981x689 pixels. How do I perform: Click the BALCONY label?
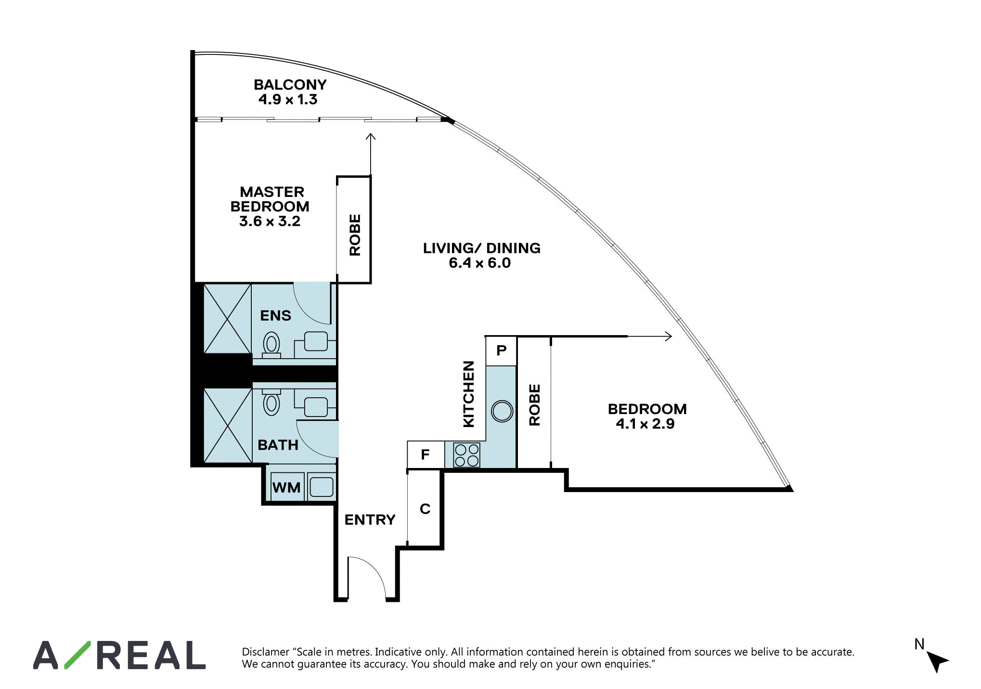click(290, 85)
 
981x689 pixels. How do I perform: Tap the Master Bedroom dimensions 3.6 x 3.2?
click(270, 221)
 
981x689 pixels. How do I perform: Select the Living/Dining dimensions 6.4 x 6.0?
click(479, 263)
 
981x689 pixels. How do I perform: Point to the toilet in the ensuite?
click(271, 345)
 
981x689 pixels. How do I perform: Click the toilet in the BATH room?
click(271, 403)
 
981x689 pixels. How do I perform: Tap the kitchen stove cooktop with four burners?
click(466, 455)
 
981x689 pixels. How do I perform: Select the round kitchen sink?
click(502, 412)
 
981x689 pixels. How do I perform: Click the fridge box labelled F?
click(426, 455)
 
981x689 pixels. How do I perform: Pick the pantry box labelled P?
click(501, 351)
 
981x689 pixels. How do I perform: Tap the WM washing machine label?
click(286, 488)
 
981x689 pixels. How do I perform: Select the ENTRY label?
click(370, 520)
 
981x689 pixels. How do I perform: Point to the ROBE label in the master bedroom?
click(355, 235)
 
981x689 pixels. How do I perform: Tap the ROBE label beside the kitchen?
click(534, 405)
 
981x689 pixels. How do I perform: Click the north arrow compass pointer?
click(937, 662)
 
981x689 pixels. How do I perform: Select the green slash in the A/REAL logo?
click(77, 655)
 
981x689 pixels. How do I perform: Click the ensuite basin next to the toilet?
click(316, 341)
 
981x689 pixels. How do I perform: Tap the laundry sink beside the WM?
click(322, 487)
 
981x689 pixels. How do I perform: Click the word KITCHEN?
click(468, 394)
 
